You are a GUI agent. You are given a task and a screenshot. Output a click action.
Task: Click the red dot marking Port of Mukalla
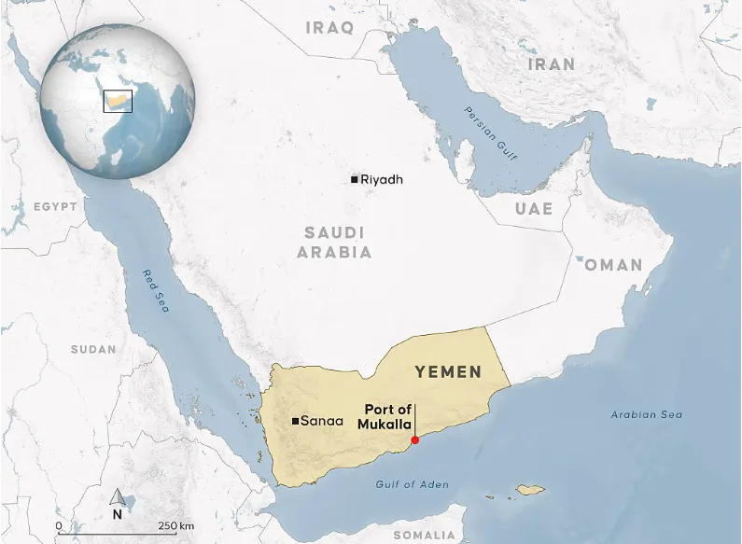tap(415, 440)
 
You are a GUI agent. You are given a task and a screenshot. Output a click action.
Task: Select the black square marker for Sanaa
tap(296, 422)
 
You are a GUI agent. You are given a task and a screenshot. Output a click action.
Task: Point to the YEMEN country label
tap(448, 372)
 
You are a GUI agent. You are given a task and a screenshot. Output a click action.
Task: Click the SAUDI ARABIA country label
tap(334, 242)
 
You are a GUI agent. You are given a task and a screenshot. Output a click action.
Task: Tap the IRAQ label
tap(329, 28)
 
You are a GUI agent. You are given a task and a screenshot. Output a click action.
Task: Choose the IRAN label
tap(552, 64)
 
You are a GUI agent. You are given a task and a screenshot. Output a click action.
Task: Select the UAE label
tap(534, 209)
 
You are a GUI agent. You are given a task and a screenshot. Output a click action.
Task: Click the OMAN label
tap(613, 265)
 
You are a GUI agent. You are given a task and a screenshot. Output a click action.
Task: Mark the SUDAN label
tap(93, 349)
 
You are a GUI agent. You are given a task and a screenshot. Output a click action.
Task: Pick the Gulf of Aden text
tap(412, 484)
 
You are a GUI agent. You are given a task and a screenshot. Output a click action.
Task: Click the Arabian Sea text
tap(646, 414)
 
